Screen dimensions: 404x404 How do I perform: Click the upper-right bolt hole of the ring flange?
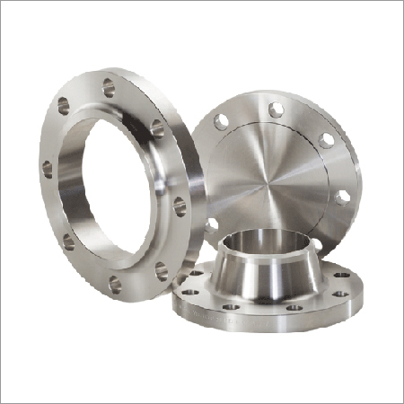coord(157,126)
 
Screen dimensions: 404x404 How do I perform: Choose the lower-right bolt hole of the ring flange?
coord(162,267)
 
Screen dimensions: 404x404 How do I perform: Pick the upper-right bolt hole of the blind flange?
coord(326,139)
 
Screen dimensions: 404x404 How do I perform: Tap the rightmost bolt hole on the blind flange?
coord(342,196)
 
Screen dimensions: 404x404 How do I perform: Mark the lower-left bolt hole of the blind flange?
coord(210,224)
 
